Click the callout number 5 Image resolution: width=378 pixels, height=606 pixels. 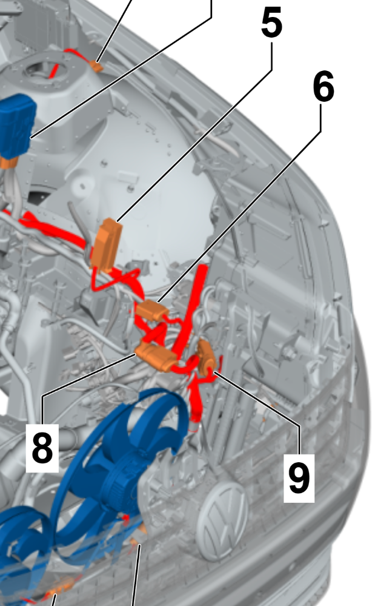(272, 23)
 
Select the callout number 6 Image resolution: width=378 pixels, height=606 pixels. (323, 87)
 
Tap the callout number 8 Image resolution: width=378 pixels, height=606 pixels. (42, 448)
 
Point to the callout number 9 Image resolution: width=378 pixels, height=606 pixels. (299, 478)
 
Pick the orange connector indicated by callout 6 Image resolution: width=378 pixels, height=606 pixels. (153, 311)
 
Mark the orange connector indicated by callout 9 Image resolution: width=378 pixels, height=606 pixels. (206, 357)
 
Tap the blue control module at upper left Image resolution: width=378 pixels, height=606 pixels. (16, 126)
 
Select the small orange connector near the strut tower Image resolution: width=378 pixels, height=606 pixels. (97, 67)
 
